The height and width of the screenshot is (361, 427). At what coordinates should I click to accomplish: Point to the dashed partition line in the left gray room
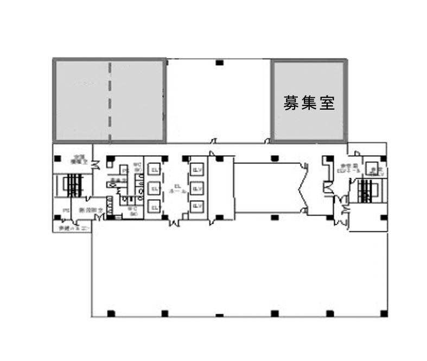(110, 100)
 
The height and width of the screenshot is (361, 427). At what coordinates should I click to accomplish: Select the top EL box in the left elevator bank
(154, 169)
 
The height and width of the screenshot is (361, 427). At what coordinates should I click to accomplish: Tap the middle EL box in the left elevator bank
(154, 188)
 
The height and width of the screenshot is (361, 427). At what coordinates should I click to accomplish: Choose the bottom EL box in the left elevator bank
(154, 207)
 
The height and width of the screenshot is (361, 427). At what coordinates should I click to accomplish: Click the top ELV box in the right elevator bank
(196, 169)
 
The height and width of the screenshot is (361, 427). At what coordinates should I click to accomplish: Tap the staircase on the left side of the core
(73, 186)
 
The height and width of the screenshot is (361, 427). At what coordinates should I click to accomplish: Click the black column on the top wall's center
(219, 63)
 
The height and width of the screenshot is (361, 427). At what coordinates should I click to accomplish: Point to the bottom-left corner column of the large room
(111, 313)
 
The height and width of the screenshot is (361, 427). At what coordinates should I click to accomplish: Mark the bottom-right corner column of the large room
(384, 313)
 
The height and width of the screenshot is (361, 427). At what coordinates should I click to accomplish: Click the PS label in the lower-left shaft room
(65, 210)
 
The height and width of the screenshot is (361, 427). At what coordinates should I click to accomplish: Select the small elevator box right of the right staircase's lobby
(373, 169)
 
